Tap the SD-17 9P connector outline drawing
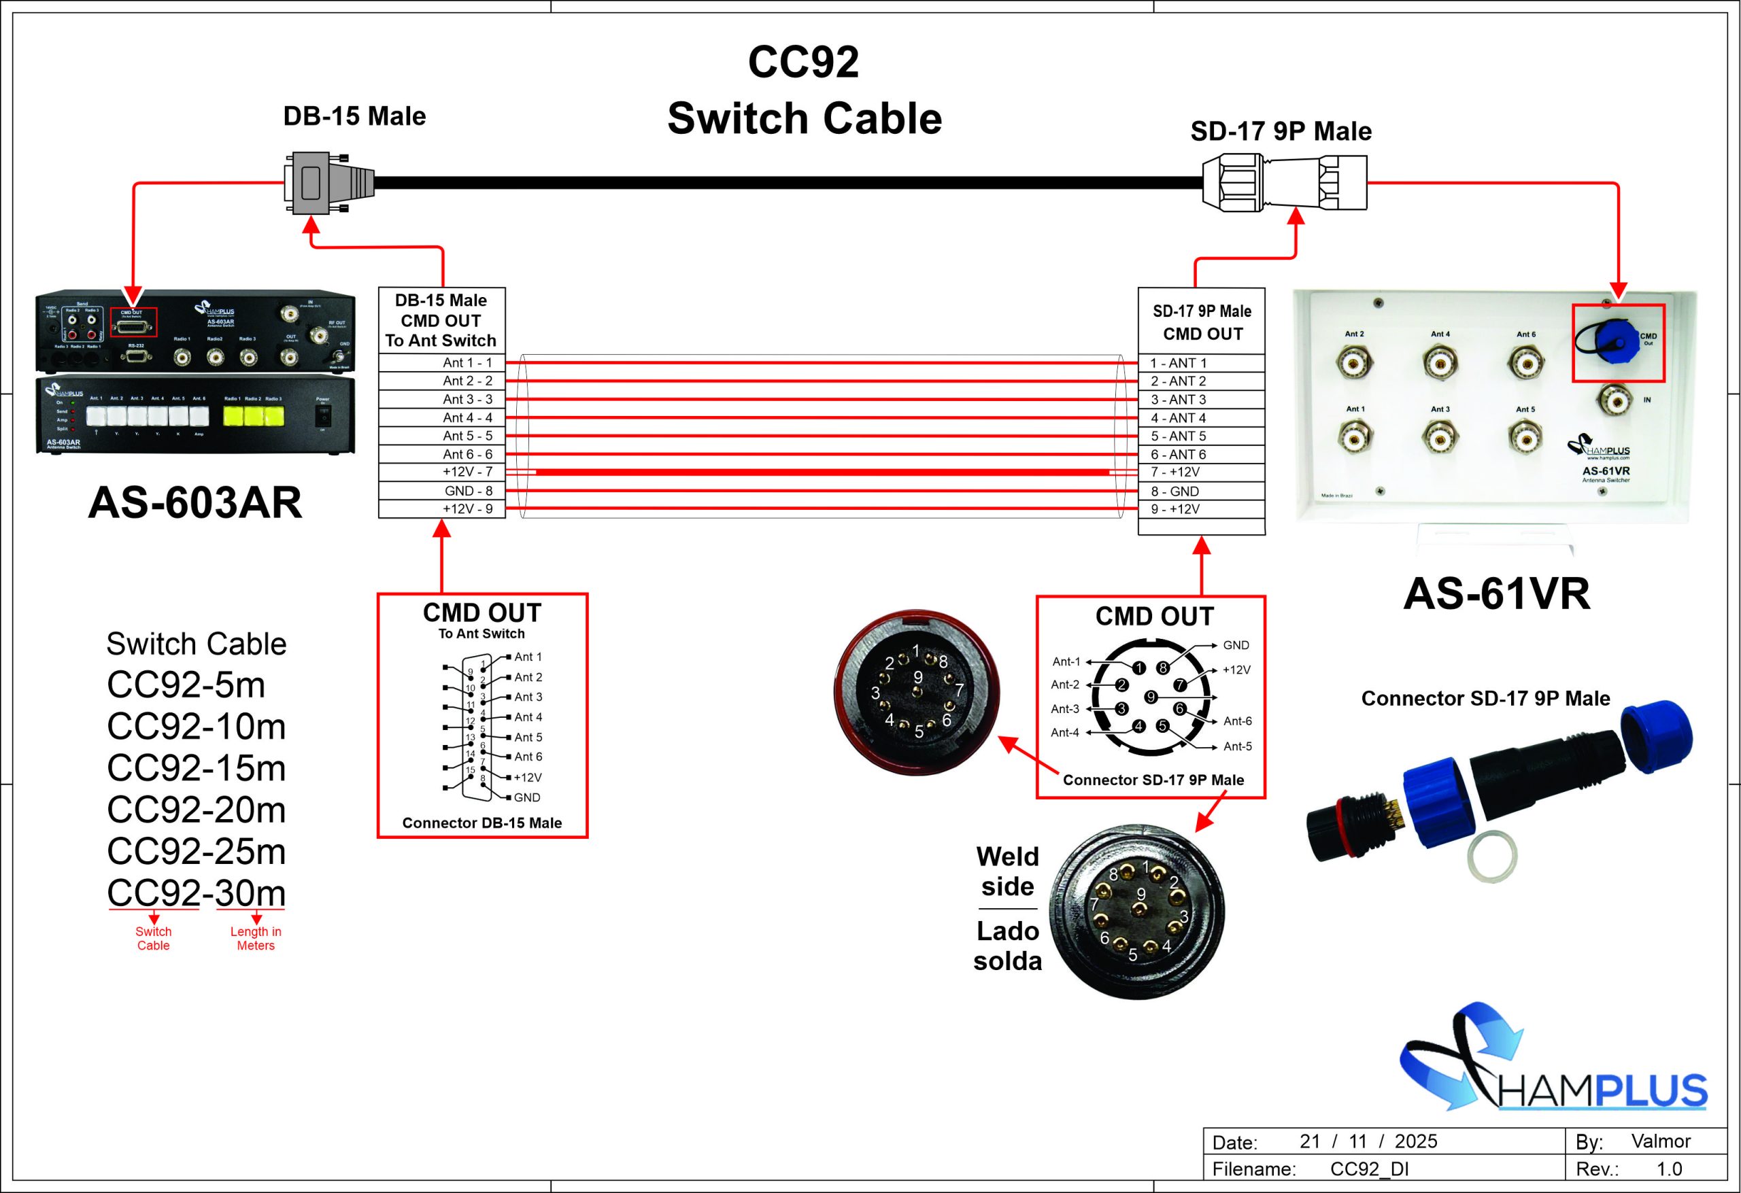1284,183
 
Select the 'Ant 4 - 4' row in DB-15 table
442,417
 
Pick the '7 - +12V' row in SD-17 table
1201,472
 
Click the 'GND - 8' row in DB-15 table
442,491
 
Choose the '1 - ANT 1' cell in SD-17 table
1201,363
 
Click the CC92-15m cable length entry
197,767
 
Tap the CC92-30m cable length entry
197,893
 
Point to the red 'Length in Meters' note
256,938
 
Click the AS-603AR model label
195,502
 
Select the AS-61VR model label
1496,594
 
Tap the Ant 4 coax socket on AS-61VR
1440,363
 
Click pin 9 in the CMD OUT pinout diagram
1151,697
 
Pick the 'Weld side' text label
1008,871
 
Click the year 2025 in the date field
1415,1141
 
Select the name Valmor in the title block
1661,1141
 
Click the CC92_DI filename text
1370,1169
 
